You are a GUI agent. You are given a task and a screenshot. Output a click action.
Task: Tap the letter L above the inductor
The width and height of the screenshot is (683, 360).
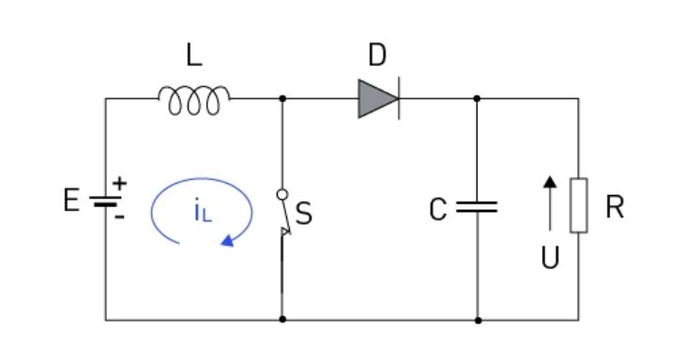(x=194, y=55)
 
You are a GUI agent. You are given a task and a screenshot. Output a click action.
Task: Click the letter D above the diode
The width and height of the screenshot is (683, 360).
(x=377, y=55)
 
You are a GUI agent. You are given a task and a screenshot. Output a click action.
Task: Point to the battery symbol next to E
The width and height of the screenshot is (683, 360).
(x=105, y=201)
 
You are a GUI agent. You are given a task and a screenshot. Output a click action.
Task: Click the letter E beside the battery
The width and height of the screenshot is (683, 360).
(x=72, y=201)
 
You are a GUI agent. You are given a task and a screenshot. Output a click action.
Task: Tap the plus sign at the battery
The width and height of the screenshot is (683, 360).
(x=119, y=183)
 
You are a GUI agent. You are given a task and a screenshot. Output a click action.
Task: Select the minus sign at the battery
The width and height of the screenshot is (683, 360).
(x=120, y=217)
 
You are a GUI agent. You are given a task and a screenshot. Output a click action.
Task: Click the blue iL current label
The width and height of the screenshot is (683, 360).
(x=203, y=210)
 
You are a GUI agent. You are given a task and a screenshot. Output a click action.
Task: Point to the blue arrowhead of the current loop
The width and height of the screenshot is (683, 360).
(x=228, y=241)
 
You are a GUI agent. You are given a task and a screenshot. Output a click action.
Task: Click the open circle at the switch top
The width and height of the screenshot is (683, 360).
(x=282, y=195)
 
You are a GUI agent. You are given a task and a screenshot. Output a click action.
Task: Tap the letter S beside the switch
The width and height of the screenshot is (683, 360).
(x=304, y=214)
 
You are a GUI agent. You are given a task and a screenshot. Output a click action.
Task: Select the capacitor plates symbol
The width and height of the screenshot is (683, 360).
(x=477, y=207)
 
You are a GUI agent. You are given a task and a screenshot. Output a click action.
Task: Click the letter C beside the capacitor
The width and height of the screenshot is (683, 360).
(x=438, y=209)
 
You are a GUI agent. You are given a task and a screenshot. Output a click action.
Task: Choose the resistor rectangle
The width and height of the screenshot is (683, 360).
(x=579, y=205)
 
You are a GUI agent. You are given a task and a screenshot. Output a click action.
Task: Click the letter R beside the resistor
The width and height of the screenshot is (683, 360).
(x=615, y=207)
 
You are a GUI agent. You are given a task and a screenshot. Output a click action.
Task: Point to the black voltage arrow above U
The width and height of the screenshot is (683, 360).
(x=550, y=202)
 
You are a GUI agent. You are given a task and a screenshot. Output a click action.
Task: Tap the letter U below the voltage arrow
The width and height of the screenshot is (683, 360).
(x=550, y=257)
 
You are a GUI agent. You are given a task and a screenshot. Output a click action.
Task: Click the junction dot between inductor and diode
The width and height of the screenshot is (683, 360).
(x=282, y=98)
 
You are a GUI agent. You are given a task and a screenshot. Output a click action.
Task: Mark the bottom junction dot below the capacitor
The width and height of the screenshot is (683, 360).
(x=478, y=321)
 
